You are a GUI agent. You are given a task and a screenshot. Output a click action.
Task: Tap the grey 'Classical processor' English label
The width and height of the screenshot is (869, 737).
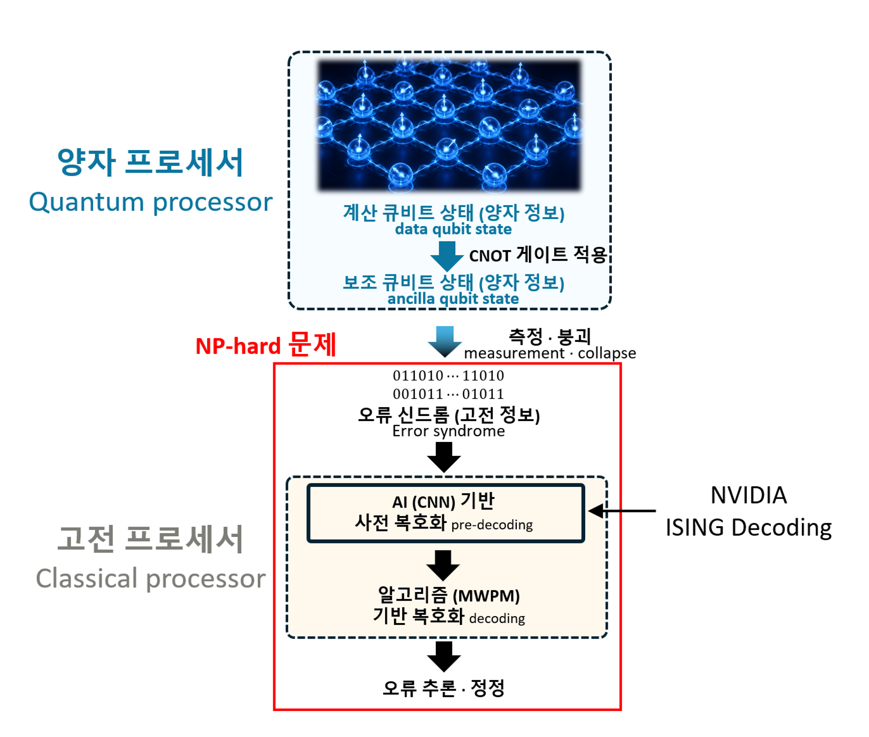point(151,579)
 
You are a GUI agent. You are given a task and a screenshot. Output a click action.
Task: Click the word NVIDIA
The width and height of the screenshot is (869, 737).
point(748,495)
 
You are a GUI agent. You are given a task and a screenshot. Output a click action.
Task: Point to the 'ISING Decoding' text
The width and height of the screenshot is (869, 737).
point(748,528)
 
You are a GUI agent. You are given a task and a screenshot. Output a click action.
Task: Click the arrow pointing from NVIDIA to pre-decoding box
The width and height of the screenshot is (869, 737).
point(622,511)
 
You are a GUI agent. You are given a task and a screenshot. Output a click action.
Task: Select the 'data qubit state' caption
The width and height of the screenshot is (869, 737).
point(453,229)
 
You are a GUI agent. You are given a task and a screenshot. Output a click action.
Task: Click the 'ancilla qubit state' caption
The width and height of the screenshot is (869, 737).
point(453,299)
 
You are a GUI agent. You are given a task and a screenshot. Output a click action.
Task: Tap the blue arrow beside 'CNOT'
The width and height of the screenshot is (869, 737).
point(447,256)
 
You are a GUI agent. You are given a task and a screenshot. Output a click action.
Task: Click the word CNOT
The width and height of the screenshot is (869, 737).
point(490,256)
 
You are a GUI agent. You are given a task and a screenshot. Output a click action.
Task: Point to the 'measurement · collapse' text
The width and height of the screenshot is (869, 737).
point(550,353)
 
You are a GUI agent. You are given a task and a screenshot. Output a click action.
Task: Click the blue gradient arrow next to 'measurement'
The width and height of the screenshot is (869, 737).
point(444,341)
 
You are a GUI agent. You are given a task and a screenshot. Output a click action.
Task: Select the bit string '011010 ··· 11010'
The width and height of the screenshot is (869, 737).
point(448,375)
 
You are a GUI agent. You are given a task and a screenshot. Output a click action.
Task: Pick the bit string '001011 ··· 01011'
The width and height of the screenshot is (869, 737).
point(448,394)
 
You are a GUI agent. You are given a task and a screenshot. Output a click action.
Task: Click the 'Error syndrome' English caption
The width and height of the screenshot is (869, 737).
point(448,431)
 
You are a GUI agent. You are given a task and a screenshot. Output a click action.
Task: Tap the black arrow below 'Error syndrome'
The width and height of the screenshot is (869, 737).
point(444,457)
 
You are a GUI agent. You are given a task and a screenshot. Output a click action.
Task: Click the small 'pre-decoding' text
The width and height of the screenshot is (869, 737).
point(492,525)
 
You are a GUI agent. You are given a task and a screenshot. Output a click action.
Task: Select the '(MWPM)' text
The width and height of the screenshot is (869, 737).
point(486,596)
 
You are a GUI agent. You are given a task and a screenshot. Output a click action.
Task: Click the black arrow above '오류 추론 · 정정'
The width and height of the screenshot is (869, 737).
point(444,656)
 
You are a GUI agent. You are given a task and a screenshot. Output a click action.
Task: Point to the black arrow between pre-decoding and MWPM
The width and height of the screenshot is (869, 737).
point(443,565)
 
